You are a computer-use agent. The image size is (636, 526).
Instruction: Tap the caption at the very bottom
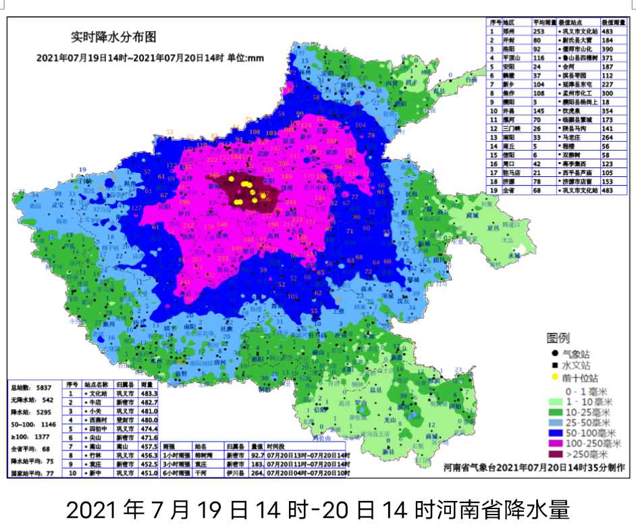pyautogui.click(x=318, y=507)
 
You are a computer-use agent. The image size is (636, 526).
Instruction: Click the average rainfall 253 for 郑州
pyautogui.click(x=539, y=31)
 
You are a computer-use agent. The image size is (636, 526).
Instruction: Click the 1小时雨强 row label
pyautogui.click(x=178, y=456)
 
